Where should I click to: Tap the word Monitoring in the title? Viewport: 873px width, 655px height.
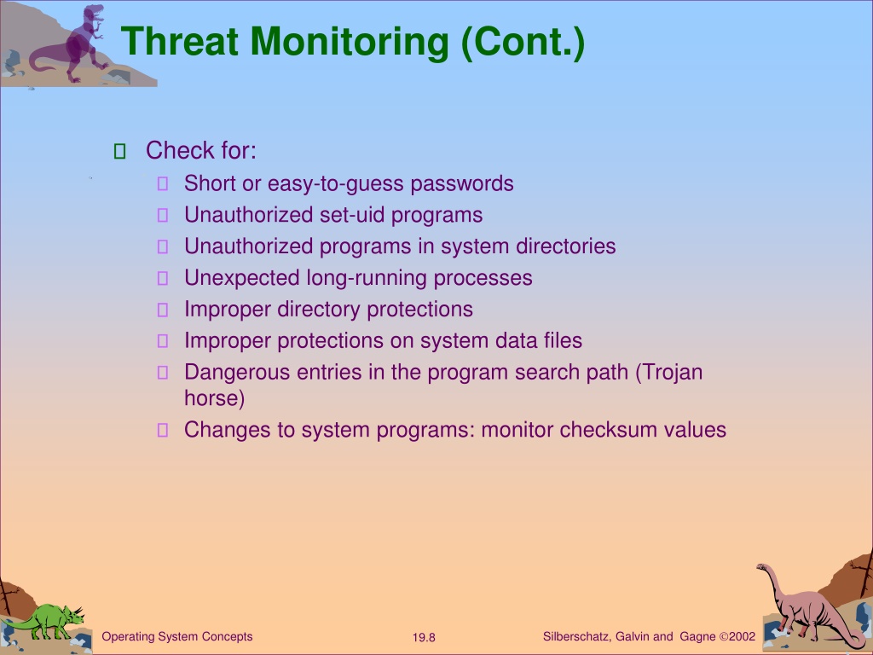[349, 43]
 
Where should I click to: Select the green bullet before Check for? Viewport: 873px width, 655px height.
[119, 151]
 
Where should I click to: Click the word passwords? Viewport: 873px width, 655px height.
[461, 184]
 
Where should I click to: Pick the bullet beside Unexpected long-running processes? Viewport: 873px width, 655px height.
[163, 278]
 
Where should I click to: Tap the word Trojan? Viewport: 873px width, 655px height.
[668, 373]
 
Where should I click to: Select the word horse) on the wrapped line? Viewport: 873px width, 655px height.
[214, 398]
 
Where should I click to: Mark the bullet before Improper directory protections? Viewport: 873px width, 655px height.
[163, 310]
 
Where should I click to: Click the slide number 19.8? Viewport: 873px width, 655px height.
[424, 637]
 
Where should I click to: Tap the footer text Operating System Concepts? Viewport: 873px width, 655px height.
[177, 636]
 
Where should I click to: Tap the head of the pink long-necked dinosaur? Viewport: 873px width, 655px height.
[761, 567]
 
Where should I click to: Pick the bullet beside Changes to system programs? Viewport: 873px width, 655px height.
[163, 430]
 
